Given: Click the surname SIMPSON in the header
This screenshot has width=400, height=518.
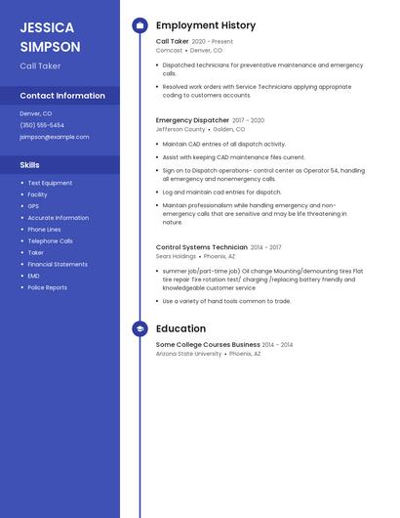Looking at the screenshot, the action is [x=50, y=46].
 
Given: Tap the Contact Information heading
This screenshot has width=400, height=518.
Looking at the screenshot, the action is [x=62, y=96].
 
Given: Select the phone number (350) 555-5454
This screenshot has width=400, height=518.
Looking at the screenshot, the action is [x=42, y=125].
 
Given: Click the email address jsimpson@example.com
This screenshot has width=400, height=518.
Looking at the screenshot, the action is [x=54, y=137].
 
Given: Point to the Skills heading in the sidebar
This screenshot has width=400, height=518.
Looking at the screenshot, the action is [x=30, y=165].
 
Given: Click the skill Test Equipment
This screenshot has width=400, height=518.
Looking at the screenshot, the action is [x=50, y=183].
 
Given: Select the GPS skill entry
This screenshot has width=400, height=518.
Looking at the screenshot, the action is [x=33, y=206].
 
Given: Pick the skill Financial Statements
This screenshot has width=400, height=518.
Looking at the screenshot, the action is [x=58, y=264].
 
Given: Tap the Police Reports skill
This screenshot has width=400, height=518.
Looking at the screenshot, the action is [x=47, y=287].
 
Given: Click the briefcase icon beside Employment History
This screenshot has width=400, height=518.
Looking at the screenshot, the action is [x=140, y=25].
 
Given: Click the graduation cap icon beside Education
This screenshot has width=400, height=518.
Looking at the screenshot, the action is [x=140, y=329].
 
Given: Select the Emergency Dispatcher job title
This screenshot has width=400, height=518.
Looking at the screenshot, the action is [x=191, y=120].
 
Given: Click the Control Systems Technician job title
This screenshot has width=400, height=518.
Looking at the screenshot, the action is [x=201, y=247].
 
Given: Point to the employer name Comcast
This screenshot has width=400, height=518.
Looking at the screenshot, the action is [x=168, y=50].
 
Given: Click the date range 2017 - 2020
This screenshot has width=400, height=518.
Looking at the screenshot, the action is [x=248, y=120].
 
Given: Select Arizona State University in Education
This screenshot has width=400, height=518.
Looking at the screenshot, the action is [x=188, y=354].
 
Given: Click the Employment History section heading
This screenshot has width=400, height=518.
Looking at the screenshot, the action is [x=206, y=25].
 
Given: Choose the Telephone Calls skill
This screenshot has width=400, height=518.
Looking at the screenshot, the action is [x=50, y=240].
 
